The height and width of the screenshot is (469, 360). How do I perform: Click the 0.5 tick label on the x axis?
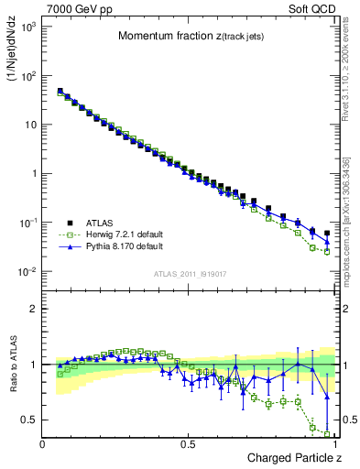click(x=188, y=444)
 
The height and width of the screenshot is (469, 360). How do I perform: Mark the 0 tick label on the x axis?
click(x=43, y=444)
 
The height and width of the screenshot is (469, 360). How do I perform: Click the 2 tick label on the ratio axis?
click(x=34, y=309)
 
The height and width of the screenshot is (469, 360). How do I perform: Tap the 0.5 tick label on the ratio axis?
click(x=29, y=420)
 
